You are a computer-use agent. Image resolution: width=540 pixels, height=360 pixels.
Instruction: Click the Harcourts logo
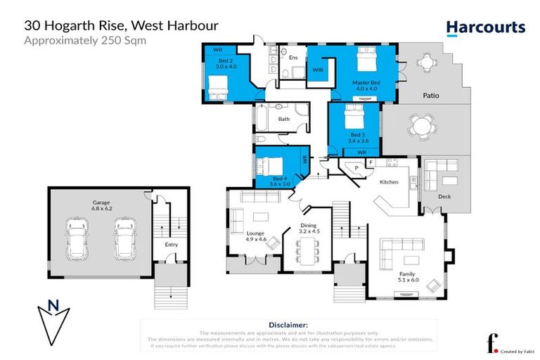(485, 27)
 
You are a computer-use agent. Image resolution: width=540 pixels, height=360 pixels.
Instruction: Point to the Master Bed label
(366, 85)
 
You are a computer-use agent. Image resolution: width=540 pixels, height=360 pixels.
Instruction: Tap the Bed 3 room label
(358, 138)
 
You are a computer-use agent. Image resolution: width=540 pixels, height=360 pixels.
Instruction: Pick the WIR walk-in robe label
(317, 70)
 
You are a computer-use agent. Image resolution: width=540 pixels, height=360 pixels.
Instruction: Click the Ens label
(303, 58)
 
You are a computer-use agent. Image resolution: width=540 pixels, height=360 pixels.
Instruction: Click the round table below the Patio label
(422, 128)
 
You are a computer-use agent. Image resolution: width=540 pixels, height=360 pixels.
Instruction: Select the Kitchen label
(389, 182)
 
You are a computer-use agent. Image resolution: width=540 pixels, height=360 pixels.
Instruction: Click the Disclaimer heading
(289, 325)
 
